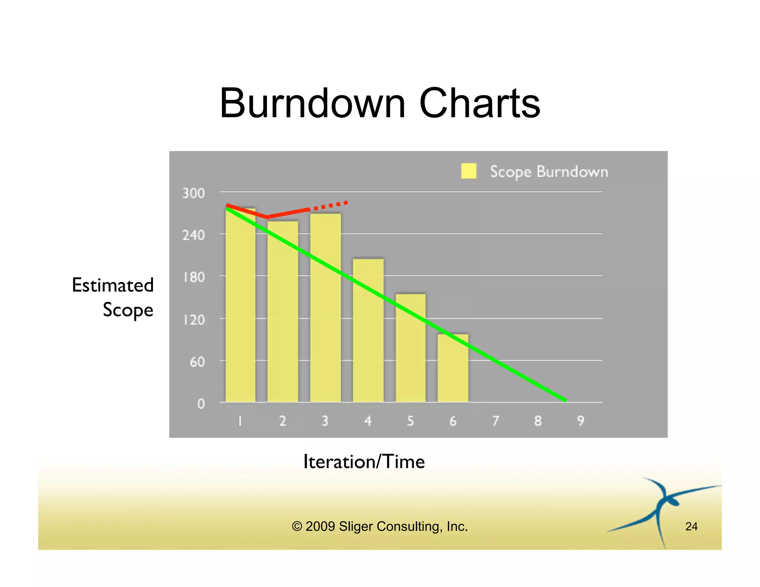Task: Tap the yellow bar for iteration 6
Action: [x=453, y=371]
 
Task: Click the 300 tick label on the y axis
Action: [x=193, y=193]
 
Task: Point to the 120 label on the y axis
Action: [x=193, y=319]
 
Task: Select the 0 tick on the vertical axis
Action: [x=201, y=404]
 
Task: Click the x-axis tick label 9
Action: [x=581, y=421]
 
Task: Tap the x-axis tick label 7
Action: [x=495, y=421]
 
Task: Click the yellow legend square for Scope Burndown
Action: [x=469, y=171]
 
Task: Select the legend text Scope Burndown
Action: [x=549, y=172]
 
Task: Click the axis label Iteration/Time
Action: [x=364, y=462]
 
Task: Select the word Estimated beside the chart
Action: [x=113, y=285]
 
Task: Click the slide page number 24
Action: [x=691, y=526]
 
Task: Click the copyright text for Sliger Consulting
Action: [x=380, y=526]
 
